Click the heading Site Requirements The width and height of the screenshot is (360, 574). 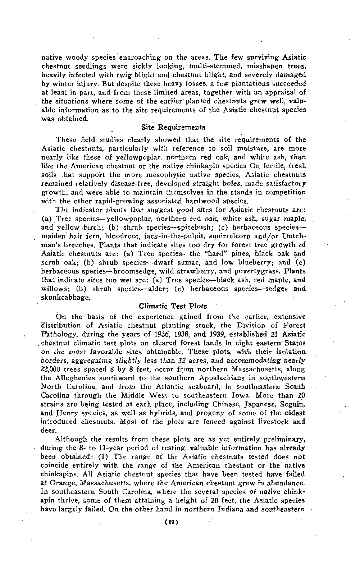click(x=173, y=127)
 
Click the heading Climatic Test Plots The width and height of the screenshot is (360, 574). click(x=173, y=306)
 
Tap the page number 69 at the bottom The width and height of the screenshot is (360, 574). click(x=173, y=520)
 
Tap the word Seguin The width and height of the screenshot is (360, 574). click(x=293, y=404)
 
